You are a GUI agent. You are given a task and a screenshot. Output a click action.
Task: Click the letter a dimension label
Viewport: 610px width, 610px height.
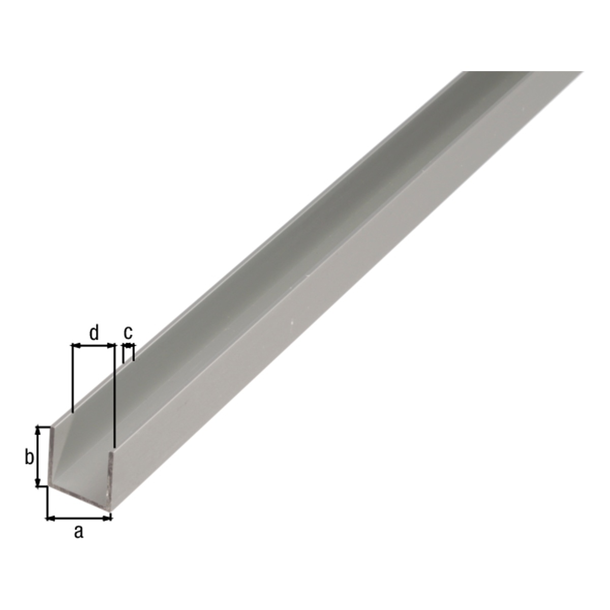tap(79, 532)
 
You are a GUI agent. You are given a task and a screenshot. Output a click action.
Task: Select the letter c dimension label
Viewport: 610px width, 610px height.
tap(128, 332)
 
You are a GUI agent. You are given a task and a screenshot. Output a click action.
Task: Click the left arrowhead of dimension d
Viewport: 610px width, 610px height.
tap(76, 346)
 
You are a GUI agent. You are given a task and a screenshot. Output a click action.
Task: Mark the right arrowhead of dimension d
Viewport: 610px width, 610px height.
tap(110, 346)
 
